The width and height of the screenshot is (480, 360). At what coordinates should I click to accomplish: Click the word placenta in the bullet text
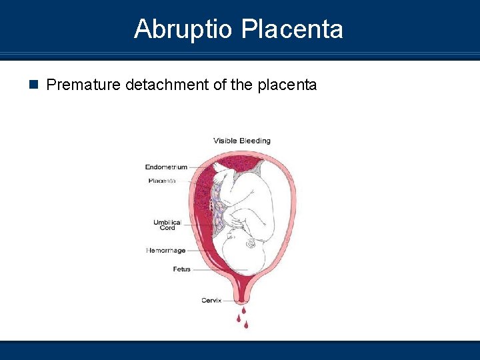pyautogui.click(x=287, y=85)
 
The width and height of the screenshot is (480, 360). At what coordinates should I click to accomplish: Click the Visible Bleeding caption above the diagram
pyautogui.click(x=242, y=141)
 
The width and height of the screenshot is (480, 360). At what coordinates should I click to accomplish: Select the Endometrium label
pyautogui.click(x=166, y=167)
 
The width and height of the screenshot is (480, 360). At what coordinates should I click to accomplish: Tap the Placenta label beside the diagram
pyautogui.click(x=162, y=181)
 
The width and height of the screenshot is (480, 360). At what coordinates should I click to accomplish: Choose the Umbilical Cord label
pyautogui.click(x=167, y=225)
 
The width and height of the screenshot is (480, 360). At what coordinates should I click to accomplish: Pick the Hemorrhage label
pyautogui.click(x=166, y=251)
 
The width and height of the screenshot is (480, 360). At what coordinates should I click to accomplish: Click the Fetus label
pyautogui.click(x=182, y=269)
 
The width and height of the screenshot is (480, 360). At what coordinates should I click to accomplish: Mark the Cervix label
pyautogui.click(x=211, y=301)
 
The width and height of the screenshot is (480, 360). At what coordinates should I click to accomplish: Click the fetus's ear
pyautogui.click(x=251, y=244)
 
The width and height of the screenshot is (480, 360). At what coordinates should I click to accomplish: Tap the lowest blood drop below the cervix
pyautogui.click(x=246, y=325)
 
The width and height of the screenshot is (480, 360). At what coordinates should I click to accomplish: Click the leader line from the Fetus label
pyautogui.click(x=220, y=269)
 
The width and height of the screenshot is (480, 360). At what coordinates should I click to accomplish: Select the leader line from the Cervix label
pyautogui.click(x=230, y=301)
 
